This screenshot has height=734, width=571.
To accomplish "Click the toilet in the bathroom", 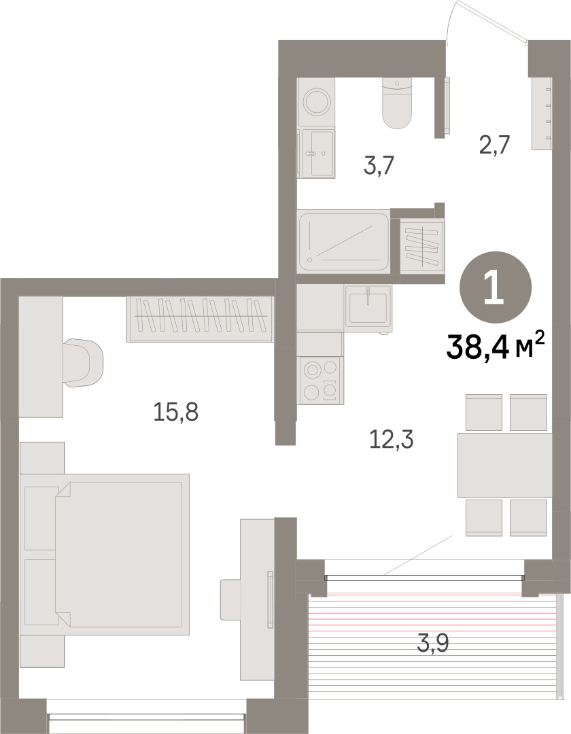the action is click(397, 103).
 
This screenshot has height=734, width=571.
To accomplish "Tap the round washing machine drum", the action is click(316, 101).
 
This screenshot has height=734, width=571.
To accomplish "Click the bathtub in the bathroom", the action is click(343, 241).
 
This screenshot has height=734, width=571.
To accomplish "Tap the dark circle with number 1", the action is click(496, 287).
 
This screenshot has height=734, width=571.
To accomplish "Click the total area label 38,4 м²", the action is click(496, 346).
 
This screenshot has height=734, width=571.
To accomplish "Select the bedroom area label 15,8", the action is click(176, 413).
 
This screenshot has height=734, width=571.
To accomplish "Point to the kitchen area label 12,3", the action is click(392, 439).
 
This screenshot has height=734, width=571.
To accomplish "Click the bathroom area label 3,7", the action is click(379, 164).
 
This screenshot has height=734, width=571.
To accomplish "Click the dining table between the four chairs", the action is click(505, 465).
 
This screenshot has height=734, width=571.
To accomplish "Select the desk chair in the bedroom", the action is click(83, 363).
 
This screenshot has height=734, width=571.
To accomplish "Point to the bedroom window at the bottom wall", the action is click(147, 717).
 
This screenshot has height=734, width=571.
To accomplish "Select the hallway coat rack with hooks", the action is click(542, 113).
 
